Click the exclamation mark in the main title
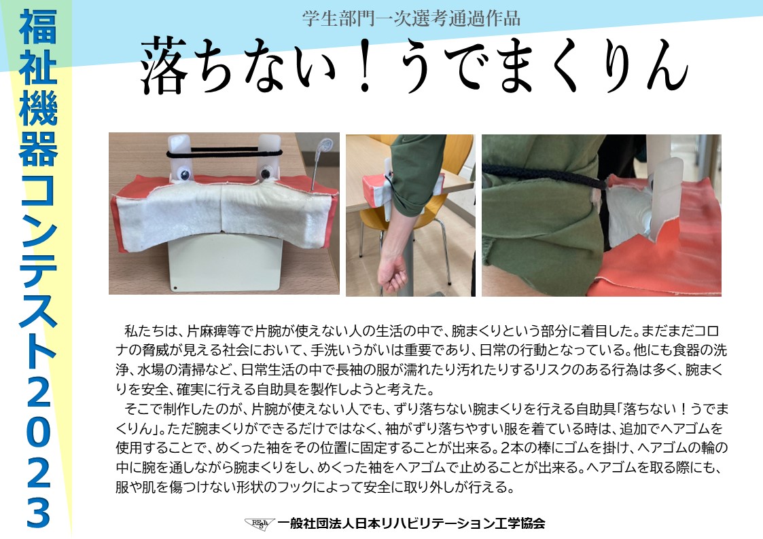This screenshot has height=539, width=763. point(365,67)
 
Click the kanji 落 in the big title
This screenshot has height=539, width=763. point(164,67)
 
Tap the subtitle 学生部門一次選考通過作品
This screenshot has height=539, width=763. point(410,18)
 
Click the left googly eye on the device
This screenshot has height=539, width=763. point(184,174)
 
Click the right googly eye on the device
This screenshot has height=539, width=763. point(266,173)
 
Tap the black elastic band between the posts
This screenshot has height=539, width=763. point(224,152)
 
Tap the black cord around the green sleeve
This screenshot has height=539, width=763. point(545,177)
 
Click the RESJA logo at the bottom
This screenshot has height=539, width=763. point(260,523)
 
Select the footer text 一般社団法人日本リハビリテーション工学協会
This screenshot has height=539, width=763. point(411,523)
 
